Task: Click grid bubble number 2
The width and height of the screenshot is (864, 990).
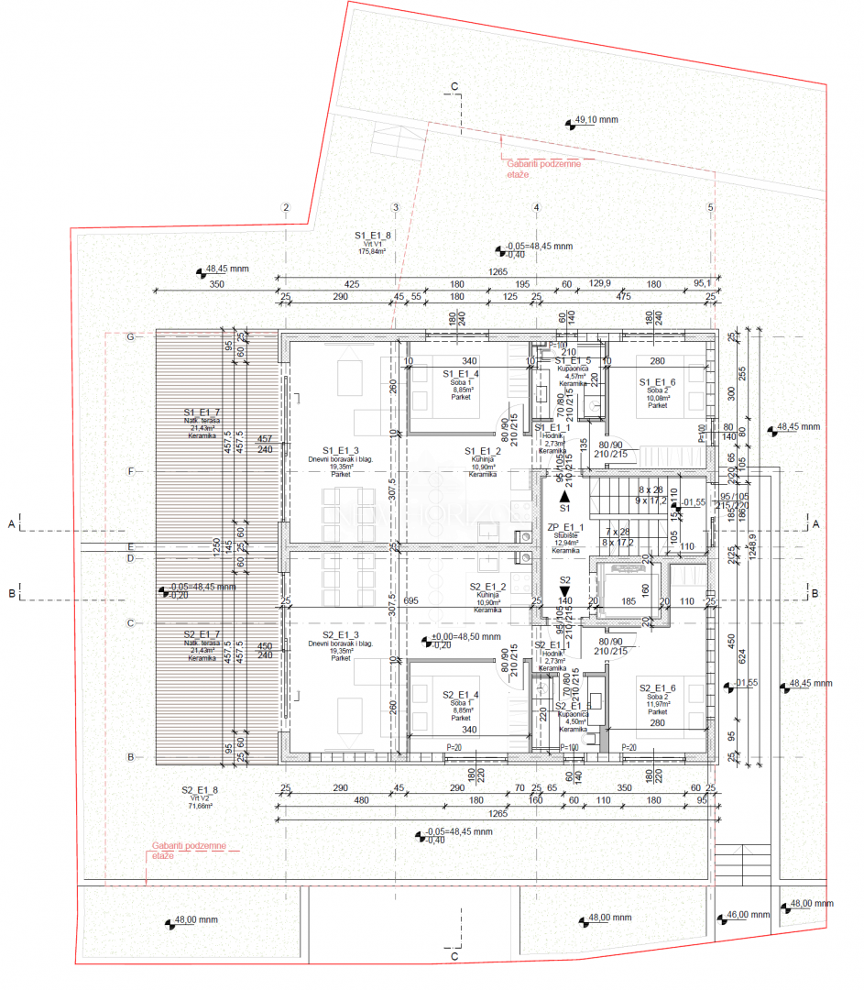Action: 286,208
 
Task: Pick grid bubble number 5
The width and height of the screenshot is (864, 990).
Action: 710,208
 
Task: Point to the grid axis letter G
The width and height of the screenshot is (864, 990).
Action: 130,337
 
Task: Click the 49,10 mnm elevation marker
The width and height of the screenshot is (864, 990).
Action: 596,120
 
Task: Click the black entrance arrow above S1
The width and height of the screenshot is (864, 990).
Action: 565,493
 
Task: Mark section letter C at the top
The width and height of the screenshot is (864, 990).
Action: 454,86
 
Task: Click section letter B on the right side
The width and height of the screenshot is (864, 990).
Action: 815,593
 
